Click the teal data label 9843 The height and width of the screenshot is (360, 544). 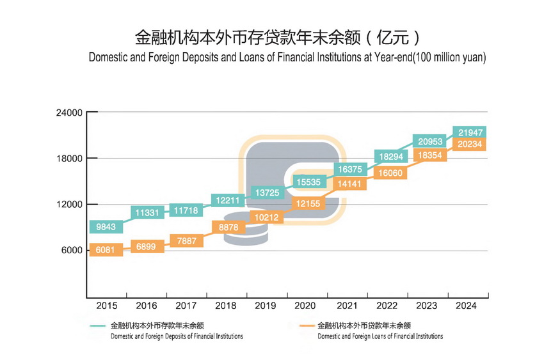click(106, 227)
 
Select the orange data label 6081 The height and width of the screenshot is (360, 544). click(106, 250)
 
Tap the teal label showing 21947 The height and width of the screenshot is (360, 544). click(470, 132)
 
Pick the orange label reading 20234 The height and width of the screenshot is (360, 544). click(470, 145)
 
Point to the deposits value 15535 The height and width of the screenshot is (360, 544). click(308, 182)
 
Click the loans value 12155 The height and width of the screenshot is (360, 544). click(308, 203)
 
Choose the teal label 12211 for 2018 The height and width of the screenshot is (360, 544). click(227, 200)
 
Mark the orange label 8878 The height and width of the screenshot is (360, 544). click(228, 227)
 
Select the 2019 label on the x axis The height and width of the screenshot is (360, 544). click(267, 306)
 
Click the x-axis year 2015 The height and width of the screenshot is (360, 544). click(106, 306)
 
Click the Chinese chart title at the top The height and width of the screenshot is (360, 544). click(278, 36)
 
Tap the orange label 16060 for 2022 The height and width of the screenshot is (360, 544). click(389, 173)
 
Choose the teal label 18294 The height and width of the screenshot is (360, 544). click(389, 157)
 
